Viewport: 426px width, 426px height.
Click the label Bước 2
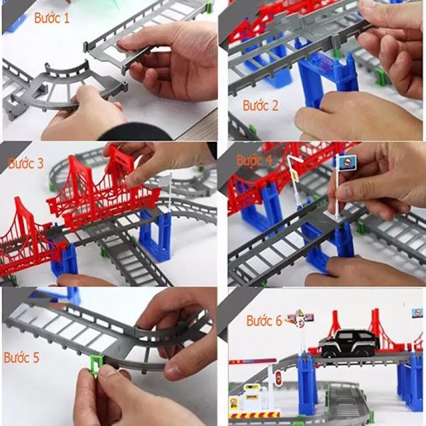[x=261, y=105]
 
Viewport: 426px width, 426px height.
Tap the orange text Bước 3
[x=26, y=163]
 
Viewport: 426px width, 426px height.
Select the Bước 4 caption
[x=254, y=161]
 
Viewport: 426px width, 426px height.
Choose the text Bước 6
[x=265, y=321]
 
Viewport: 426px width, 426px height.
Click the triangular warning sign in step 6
[x=300, y=315]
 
